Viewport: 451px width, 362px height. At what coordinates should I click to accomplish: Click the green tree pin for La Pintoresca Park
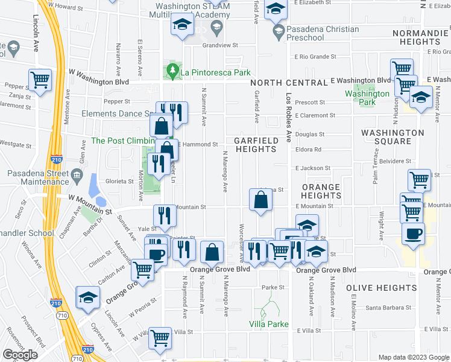[x=173, y=72]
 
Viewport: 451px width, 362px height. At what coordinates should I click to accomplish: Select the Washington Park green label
[x=367, y=98]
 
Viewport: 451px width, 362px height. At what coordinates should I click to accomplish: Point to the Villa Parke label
[x=268, y=324]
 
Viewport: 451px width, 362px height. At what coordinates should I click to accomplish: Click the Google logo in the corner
[x=20, y=355]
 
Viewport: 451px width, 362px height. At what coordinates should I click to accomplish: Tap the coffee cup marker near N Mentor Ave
[x=413, y=234]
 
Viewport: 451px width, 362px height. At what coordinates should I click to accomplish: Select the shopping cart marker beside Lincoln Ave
[x=40, y=80]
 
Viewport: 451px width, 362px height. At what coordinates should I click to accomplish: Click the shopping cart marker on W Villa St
[x=160, y=338]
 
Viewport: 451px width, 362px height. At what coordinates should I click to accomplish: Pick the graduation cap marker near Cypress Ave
[x=87, y=298]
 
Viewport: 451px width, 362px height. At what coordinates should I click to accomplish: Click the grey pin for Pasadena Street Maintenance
[x=77, y=176]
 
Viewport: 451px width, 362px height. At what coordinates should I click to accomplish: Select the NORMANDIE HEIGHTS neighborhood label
[x=416, y=37]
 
